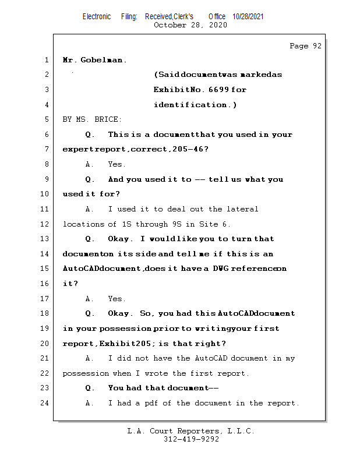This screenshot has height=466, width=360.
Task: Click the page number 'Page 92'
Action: pyautogui.click(x=305, y=46)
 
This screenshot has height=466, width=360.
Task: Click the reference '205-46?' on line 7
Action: pyautogui.click(x=190, y=149)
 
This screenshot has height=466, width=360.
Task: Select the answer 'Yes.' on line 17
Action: pyautogui.click(x=117, y=299)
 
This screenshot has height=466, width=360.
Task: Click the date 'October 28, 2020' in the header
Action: pyautogui.click(x=190, y=25)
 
